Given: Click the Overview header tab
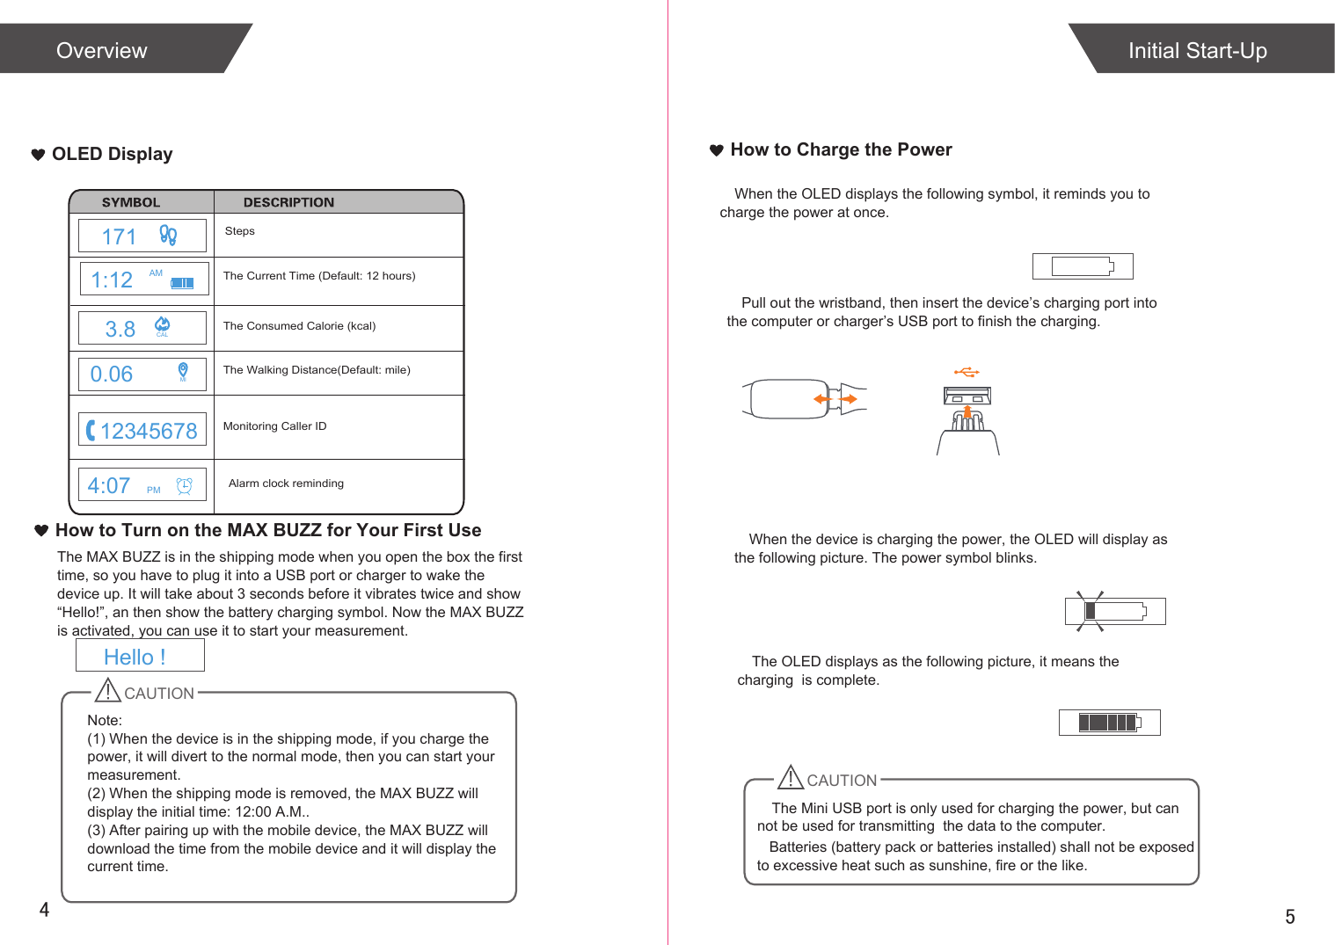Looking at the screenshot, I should pos(102,50).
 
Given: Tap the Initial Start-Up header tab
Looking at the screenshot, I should pos(1197,50).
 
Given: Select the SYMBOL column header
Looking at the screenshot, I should pos(131,202).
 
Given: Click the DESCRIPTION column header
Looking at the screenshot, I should pos(288,202).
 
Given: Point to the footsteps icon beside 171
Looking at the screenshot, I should pos(168,235).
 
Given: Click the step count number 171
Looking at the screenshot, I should pos(119,236).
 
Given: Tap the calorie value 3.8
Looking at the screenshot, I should pos(120,329).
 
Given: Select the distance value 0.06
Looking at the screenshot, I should pos(112,374).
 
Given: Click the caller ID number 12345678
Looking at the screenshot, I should pos(149,431).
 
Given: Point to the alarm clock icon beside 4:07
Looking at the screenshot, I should pos(184,486).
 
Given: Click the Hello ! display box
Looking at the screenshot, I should pos(139,656).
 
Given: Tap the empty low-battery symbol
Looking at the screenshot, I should pos(1083,266).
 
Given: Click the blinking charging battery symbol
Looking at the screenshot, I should pos(1114,611).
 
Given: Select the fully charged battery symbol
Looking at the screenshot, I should pos(1109,723).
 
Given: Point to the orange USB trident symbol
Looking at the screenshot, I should pos(967,373).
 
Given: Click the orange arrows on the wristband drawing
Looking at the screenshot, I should pos(835,399).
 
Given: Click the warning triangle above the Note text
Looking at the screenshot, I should pos(107,690).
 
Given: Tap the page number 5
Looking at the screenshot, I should pos(1289,917).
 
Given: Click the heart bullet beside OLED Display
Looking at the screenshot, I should pos(38,155).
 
